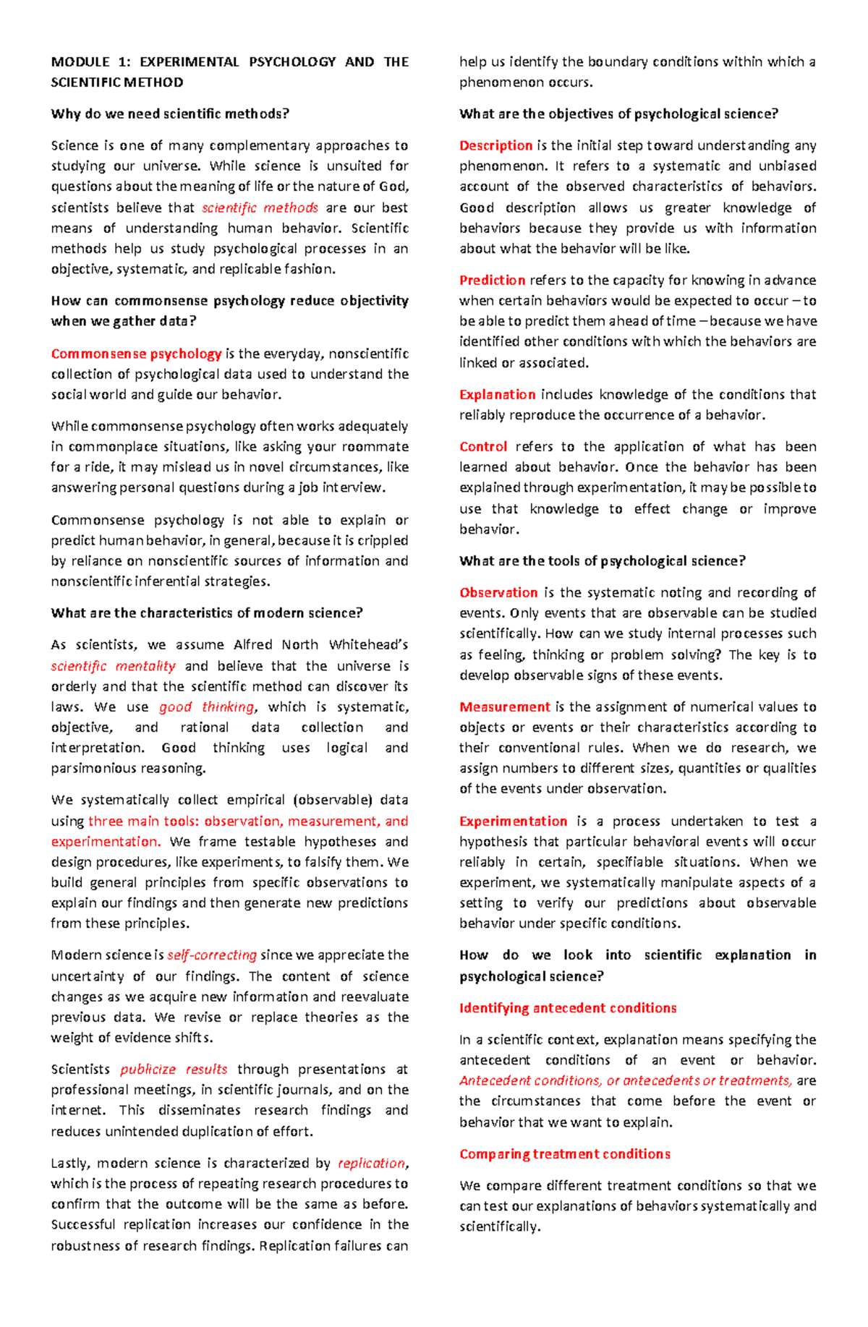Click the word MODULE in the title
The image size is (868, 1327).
pyautogui.click(x=80, y=62)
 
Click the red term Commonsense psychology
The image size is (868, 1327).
pyautogui.click(x=136, y=354)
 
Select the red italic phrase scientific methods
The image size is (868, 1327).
pyautogui.click(x=260, y=208)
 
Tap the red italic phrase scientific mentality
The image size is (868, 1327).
pyautogui.click(x=113, y=666)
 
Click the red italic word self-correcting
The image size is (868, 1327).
pyautogui.click(x=212, y=955)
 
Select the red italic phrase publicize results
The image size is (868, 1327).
pyautogui.click(x=174, y=1069)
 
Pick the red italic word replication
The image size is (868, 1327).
pyautogui.click(x=372, y=1163)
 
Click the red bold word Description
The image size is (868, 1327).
pyautogui.click(x=495, y=145)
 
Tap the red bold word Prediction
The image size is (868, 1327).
pyautogui.click(x=492, y=280)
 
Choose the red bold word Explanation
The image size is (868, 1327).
pyautogui.click(x=497, y=394)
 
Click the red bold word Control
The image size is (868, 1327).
pyautogui.click(x=482, y=446)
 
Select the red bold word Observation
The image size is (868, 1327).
pyautogui.click(x=498, y=592)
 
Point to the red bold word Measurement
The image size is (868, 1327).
pyautogui.click(x=504, y=707)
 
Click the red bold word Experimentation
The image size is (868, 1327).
pyautogui.click(x=513, y=821)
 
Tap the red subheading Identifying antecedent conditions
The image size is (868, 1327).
pyautogui.click(x=568, y=1007)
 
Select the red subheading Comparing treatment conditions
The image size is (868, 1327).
pyautogui.click(x=564, y=1153)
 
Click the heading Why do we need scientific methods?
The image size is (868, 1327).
pyautogui.click(x=170, y=114)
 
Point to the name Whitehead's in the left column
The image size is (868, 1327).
pyautogui.click(x=368, y=644)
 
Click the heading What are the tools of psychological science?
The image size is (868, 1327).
pyautogui.click(x=602, y=560)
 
